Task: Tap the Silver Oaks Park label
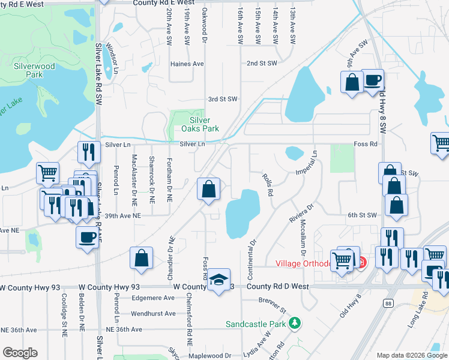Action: [196, 124]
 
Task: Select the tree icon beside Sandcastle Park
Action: [294, 324]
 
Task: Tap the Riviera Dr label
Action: [302, 213]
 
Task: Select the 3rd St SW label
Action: [223, 99]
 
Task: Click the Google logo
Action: [20, 352]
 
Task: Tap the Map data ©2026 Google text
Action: [411, 355]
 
